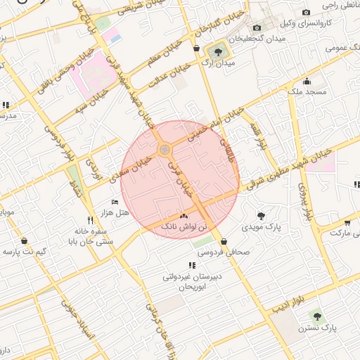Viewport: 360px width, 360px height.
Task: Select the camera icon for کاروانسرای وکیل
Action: point(306,13)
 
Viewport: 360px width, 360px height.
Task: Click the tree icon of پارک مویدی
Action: point(261,216)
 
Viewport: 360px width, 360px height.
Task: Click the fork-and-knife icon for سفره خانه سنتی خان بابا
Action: point(89,219)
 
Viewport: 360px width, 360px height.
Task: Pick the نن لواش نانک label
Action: point(184,228)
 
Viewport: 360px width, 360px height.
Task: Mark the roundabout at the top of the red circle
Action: point(165,150)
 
